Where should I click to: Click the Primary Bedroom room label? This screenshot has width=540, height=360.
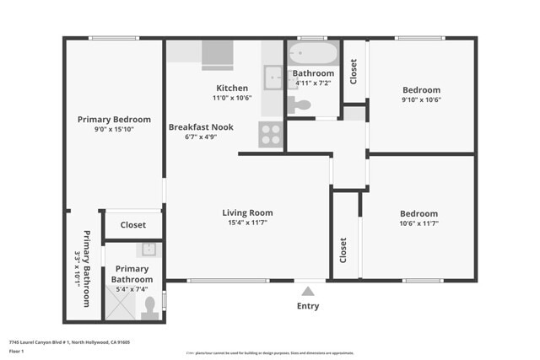114,120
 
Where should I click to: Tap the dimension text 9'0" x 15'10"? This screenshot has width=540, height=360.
114,130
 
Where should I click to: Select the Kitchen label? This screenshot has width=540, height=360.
232,88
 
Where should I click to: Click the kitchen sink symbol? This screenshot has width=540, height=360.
273,78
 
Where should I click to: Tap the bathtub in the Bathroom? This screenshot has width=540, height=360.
313,56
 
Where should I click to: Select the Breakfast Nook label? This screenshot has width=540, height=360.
201,127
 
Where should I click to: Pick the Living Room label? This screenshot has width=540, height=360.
247,212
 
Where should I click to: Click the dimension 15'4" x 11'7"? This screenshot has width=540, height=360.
247,223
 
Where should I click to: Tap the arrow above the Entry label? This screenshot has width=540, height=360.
308,291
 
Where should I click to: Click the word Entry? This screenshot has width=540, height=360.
308,306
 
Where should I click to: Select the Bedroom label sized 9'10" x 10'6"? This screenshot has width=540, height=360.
421,90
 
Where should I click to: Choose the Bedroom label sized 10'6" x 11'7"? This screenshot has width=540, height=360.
418,214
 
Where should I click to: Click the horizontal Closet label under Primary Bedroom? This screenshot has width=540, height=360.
133,225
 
